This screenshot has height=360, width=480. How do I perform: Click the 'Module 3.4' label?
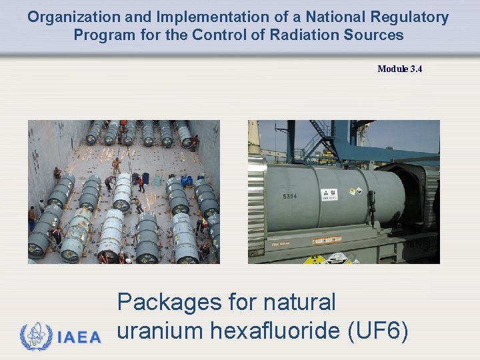click(x=399, y=69)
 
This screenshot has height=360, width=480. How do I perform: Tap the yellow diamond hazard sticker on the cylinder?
click(x=351, y=192)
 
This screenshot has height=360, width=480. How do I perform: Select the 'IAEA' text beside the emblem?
click(x=79, y=337)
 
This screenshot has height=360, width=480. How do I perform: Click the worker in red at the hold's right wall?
click(x=195, y=142)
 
